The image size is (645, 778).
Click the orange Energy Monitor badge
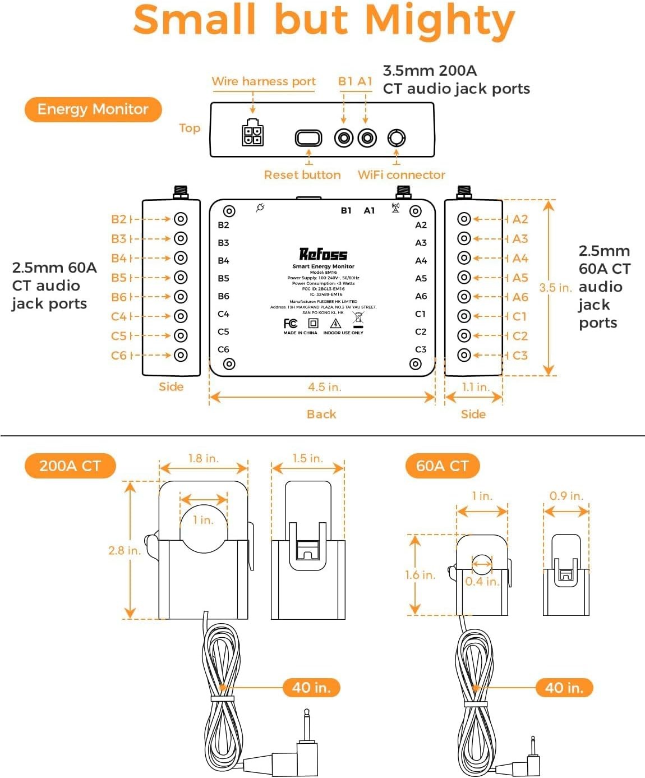click(93, 109)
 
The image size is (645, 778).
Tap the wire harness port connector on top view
click(252, 133)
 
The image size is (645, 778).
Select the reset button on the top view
click(308, 137)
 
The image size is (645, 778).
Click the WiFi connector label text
click(401, 175)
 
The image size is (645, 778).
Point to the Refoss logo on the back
click(323, 255)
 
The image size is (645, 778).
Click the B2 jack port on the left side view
click(181, 219)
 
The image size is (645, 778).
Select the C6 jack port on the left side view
click(181, 355)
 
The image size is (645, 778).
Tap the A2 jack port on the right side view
click(464, 219)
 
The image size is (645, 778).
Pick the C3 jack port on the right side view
click(464, 355)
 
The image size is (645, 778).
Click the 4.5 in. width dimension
click(324, 387)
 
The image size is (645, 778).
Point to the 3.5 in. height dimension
click(555, 288)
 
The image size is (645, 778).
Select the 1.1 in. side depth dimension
click(475, 387)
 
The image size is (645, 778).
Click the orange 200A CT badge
click(70, 466)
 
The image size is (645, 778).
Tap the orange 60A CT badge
click(442, 466)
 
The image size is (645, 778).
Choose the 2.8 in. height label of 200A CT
click(124, 550)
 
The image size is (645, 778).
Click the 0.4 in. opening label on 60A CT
click(482, 581)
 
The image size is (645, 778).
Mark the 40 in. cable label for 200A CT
click(311, 687)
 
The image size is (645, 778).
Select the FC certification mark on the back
click(291, 324)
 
